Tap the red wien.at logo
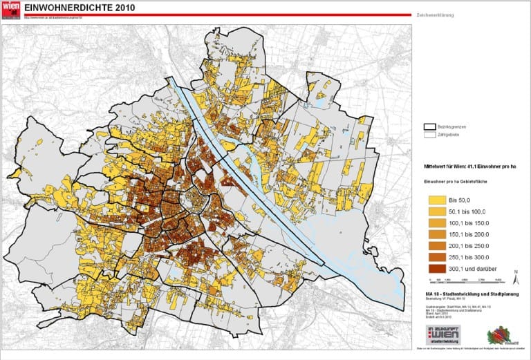point(10,9)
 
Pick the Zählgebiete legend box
point(431,136)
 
